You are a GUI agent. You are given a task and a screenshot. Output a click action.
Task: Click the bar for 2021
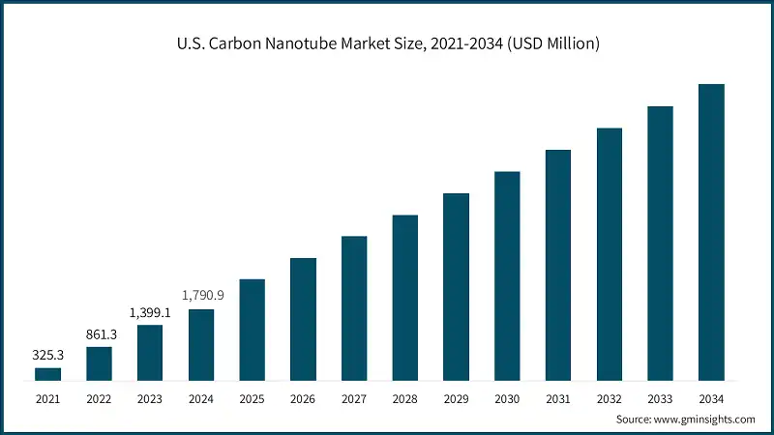coord(47,374)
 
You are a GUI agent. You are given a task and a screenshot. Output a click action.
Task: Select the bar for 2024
coord(201,345)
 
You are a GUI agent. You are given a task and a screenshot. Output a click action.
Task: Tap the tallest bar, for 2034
coord(711,232)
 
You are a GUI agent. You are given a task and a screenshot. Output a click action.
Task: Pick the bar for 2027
coord(354,308)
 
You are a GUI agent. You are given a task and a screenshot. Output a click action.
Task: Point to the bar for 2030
coord(507,276)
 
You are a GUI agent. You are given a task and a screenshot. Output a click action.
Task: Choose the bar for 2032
coord(610,254)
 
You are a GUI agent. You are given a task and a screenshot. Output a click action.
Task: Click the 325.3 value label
coord(47,355)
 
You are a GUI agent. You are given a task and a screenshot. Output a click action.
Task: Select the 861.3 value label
coord(99,333)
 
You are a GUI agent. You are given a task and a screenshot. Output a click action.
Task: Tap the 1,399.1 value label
coord(150,312)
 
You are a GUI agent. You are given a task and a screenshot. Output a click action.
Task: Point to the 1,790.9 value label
coord(201,295)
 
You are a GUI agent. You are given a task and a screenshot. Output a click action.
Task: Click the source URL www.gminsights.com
coord(703,420)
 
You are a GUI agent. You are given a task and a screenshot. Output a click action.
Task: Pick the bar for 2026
coord(303,319)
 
